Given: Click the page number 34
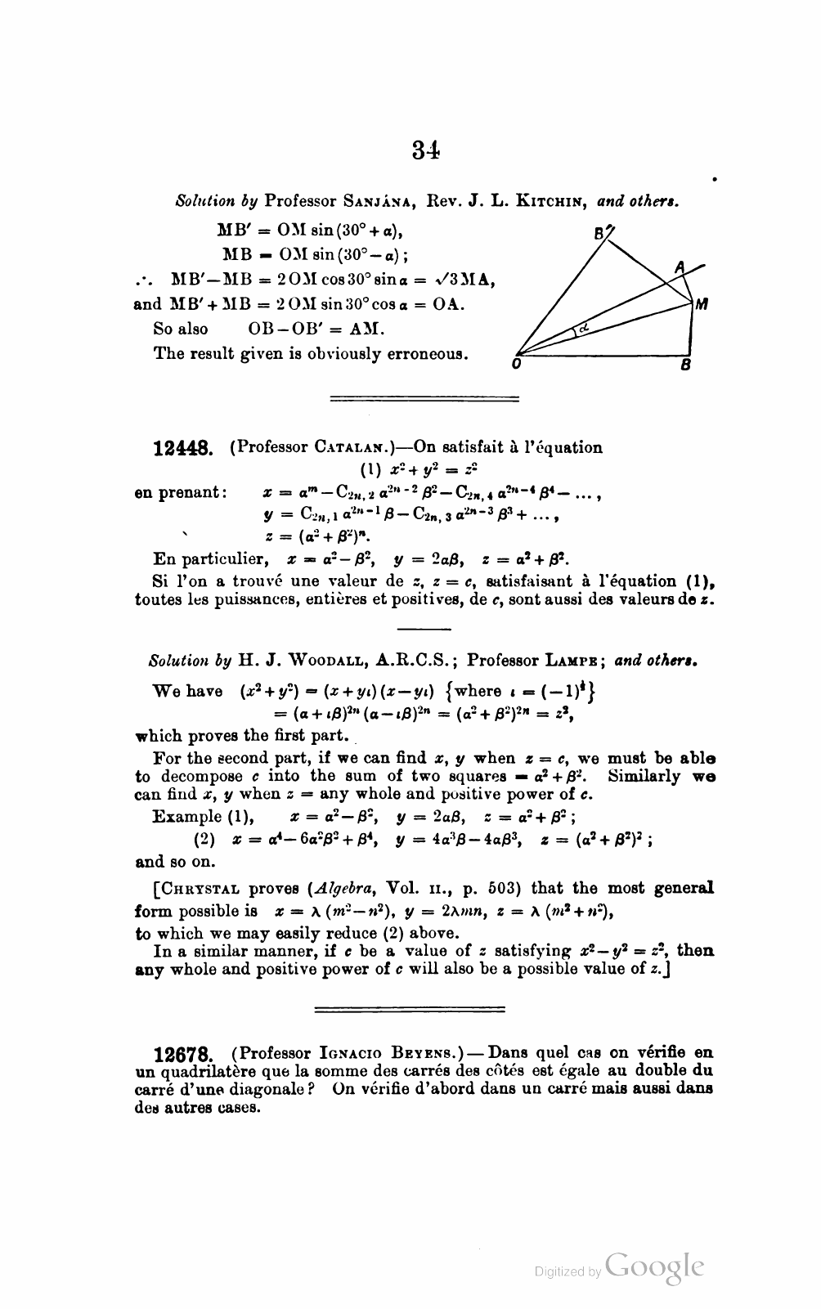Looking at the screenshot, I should click(x=426, y=150).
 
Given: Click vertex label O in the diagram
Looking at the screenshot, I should click(x=517, y=365).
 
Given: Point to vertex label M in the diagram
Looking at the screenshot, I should click(x=702, y=304).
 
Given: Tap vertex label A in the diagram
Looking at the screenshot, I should click(x=679, y=266).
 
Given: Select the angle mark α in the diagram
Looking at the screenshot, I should click(x=583, y=328).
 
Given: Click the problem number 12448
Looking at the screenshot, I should click(x=184, y=448).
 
